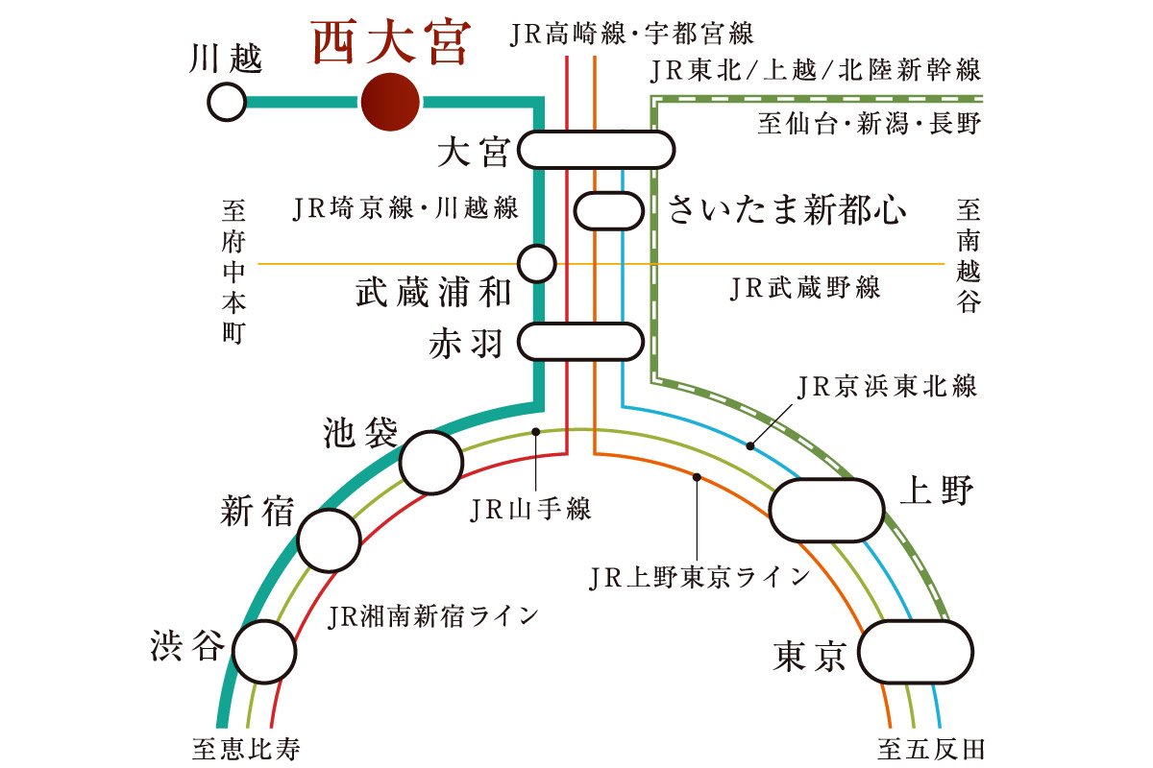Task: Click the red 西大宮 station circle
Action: pyautogui.click(x=390, y=102)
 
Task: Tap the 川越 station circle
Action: pyautogui.click(x=227, y=102)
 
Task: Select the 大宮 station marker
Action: pyautogui.click(x=596, y=150)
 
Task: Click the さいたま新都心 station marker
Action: pyautogui.click(x=607, y=210)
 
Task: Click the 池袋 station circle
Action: pyautogui.click(x=430, y=463)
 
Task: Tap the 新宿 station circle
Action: pyautogui.click(x=329, y=540)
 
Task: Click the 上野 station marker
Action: pyautogui.click(x=827, y=511)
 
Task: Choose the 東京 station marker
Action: pyautogui.click(x=917, y=652)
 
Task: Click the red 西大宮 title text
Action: pyautogui.click(x=390, y=43)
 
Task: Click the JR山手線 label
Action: pyautogui.click(x=529, y=510)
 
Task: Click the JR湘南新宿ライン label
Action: pyautogui.click(x=433, y=615)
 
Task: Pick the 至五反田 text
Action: pyautogui.click(x=931, y=748)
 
